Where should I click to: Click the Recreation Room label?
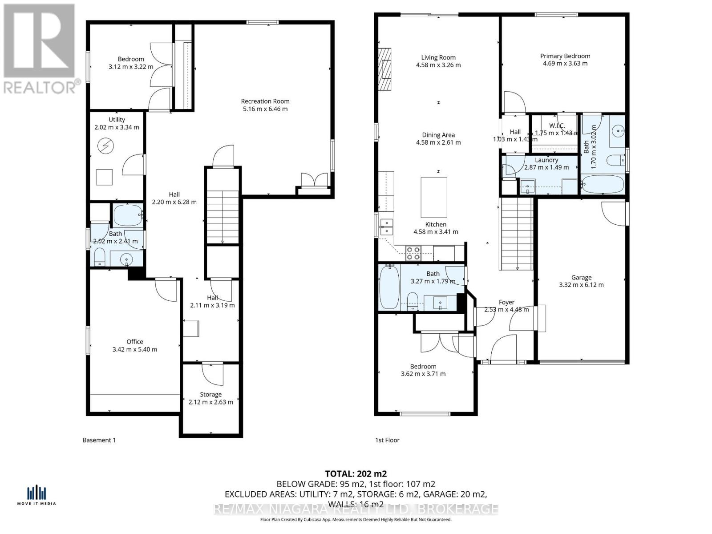click(265, 101)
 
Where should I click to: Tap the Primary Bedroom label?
click(565, 56)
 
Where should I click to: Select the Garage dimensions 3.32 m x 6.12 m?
click(581, 285)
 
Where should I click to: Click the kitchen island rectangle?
click(434, 197)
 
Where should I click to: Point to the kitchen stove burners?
click(413, 253)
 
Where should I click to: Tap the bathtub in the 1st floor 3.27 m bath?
click(389, 287)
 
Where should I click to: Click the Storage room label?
click(210, 394)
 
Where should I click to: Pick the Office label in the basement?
click(135, 342)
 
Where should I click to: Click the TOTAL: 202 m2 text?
click(356, 473)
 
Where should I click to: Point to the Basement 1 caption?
click(99, 440)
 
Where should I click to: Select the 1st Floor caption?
click(387, 440)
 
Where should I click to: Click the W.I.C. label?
click(556, 126)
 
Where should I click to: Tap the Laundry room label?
click(546, 160)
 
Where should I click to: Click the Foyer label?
click(506, 302)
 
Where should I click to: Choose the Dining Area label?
click(438, 135)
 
